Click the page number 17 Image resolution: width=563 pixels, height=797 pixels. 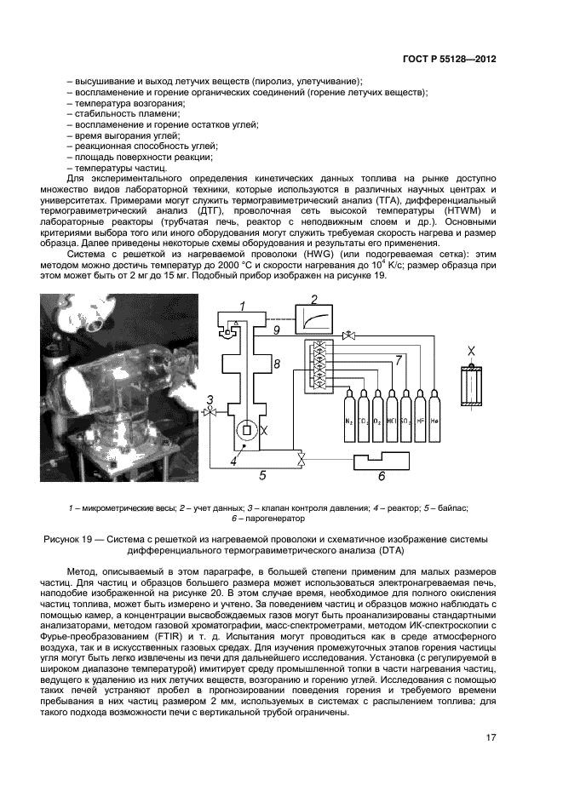point(491,737)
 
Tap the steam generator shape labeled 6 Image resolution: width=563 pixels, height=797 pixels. point(383,467)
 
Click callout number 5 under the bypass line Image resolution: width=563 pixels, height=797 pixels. point(262,475)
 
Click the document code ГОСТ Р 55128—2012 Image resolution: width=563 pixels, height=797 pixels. point(450,60)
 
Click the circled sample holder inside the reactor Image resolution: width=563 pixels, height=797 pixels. point(245,428)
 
